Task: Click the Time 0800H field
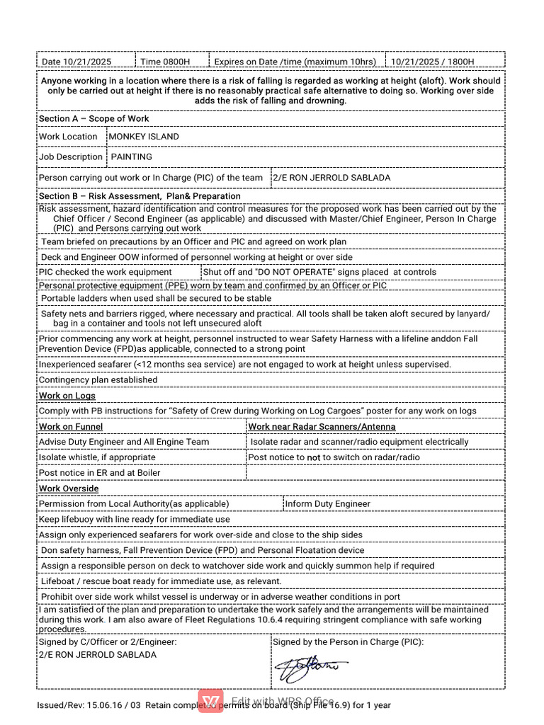click(x=165, y=62)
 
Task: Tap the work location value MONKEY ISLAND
click(x=144, y=137)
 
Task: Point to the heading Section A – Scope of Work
click(x=93, y=118)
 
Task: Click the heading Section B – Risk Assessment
click(x=140, y=195)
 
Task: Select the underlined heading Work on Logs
click(x=67, y=396)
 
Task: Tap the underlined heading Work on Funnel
click(x=70, y=426)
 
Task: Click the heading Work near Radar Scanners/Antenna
click(x=322, y=426)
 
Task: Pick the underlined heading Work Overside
click(x=69, y=489)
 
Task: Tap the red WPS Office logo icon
click(x=210, y=701)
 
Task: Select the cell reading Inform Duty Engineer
click(x=327, y=504)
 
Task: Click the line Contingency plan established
click(x=98, y=379)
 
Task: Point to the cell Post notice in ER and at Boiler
click(x=99, y=473)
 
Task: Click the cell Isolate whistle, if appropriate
click(x=97, y=457)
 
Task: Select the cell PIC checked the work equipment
click(x=105, y=272)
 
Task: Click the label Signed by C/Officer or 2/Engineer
click(x=107, y=642)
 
